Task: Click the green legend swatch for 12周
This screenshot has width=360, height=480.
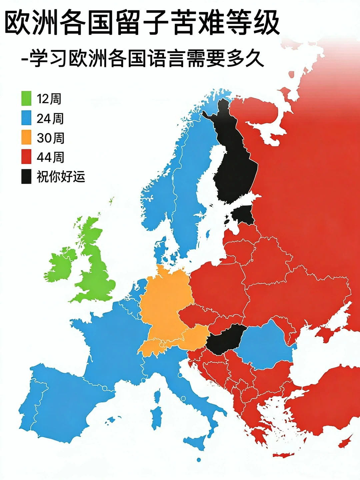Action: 26,98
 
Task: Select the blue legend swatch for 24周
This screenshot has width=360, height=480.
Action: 26,118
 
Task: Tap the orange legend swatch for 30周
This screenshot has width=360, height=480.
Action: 26,137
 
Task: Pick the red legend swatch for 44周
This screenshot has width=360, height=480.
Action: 26,157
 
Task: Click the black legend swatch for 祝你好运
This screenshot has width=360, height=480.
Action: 26,176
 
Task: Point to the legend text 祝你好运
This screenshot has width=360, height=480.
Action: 61,177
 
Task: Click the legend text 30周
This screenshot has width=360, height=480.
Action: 50,138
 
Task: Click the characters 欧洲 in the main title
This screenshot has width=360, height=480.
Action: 28,22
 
